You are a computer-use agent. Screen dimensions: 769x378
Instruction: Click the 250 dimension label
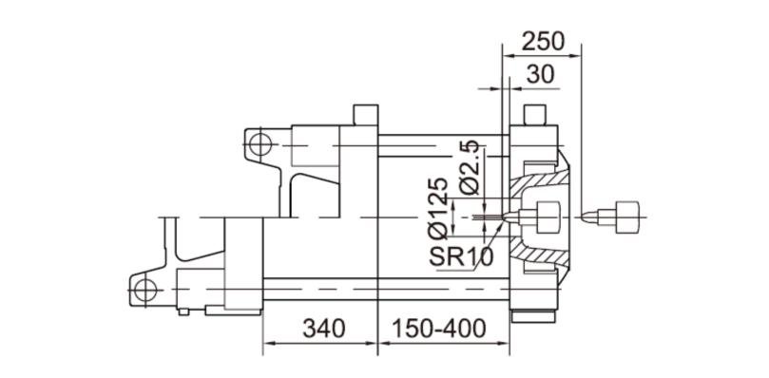543,42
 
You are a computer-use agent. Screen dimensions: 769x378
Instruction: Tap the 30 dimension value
541,74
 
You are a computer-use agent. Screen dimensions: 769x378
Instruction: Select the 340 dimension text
324,329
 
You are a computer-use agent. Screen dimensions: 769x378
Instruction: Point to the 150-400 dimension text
439,329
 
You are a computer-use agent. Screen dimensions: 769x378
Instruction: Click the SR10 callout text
461,256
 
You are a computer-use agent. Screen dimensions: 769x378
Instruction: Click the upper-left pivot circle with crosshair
260,144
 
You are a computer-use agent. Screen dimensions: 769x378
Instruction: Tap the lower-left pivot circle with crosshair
145,291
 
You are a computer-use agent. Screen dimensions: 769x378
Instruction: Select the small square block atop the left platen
366,115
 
